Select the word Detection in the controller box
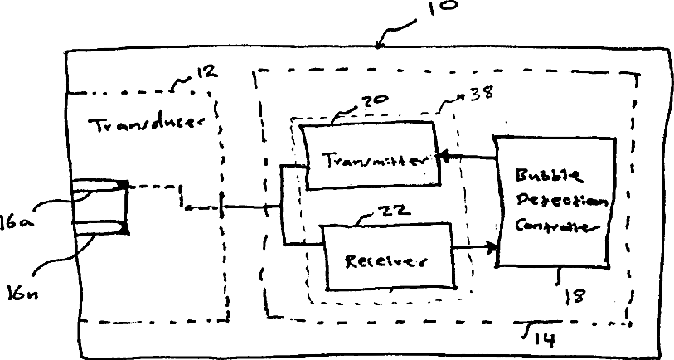coord(561,202)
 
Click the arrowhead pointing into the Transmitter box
coord(443,156)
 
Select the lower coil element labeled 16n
coord(98,226)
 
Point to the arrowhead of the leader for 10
coord(381,45)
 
